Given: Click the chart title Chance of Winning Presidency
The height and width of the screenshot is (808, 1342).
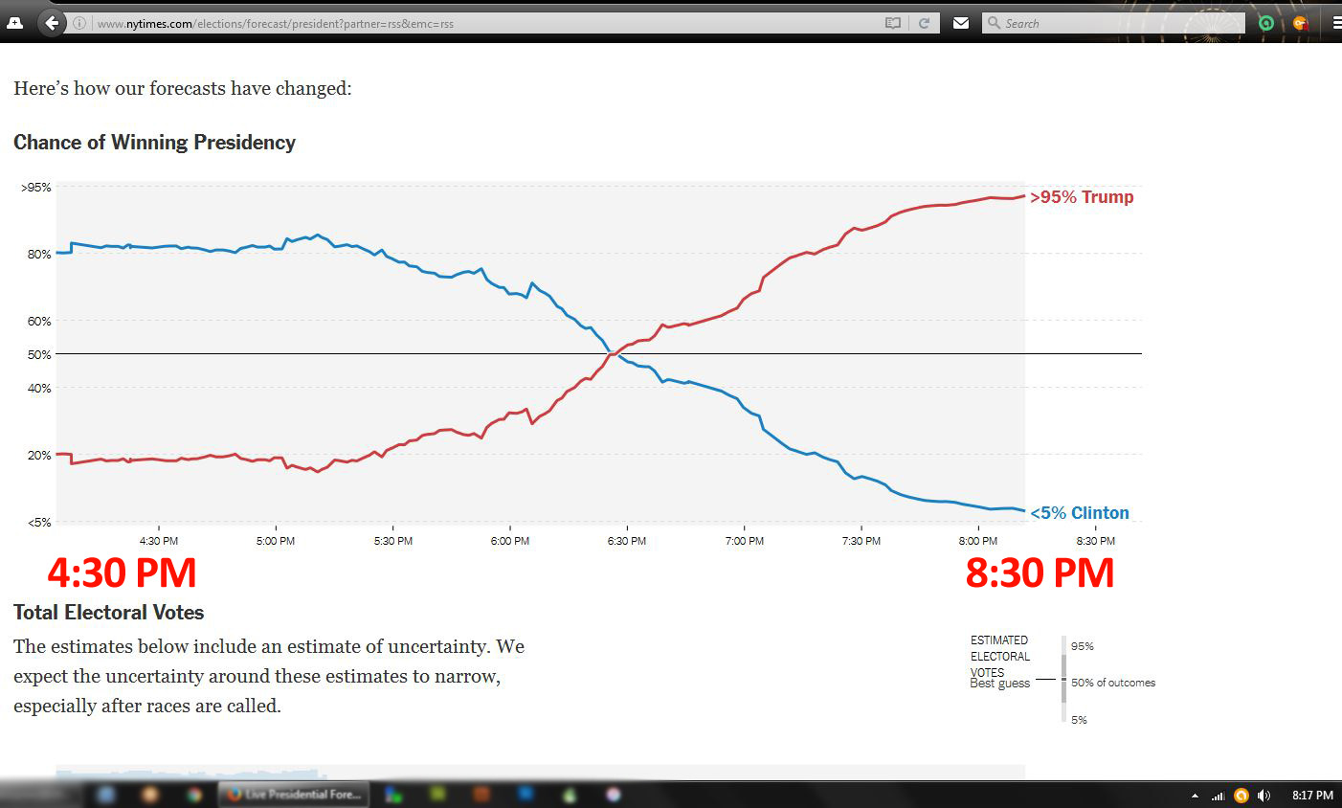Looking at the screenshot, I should pyautogui.click(x=154, y=143).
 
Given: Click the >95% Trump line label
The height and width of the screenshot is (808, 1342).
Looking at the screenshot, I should pyautogui.click(x=1081, y=197).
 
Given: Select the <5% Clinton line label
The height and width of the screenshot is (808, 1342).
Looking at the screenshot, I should pyautogui.click(x=1079, y=513).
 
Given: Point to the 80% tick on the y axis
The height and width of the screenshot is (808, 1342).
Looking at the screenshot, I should pyautogui.click(x=39, y=255).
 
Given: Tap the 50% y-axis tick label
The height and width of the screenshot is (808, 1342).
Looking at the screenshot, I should pyautogui.click(x=39, y=355).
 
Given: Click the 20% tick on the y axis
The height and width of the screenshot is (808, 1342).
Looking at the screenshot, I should pyautogui.click(x=39, y=456).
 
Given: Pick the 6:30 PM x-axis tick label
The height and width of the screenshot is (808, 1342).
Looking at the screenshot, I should pyautogui.click(x=626, y=541).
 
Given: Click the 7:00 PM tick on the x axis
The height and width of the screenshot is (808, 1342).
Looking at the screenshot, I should pyautogui.click(x=744, y=541).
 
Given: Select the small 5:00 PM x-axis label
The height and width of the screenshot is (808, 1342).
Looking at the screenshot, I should pyautogui.click(x=276, y=541).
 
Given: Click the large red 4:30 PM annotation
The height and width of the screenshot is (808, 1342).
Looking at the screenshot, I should pyautogui.click(x=122, y=573).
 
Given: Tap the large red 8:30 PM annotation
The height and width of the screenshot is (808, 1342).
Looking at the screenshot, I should pyautogui.click(x=1040, y=573).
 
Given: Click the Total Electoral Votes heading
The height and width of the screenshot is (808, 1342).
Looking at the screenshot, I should pyautogui.click(x=108, y=613).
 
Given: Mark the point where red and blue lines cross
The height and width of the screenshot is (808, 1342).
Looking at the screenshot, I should pyautogui.click(x=614, y=354).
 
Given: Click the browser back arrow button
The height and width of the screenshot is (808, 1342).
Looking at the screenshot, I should pyautogui.click(x=53, y=23).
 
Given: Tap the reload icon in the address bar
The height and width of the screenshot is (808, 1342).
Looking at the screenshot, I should pyautogui.click(x=924, y=23).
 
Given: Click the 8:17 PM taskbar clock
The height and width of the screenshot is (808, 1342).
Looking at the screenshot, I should pyautogui.click(x=1312, y=796).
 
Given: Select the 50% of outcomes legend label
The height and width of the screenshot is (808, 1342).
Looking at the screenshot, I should pyautogui.click(x=1112, y=683).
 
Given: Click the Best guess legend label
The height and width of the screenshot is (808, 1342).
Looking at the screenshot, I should pyautogui.click(x=999, y=684).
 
